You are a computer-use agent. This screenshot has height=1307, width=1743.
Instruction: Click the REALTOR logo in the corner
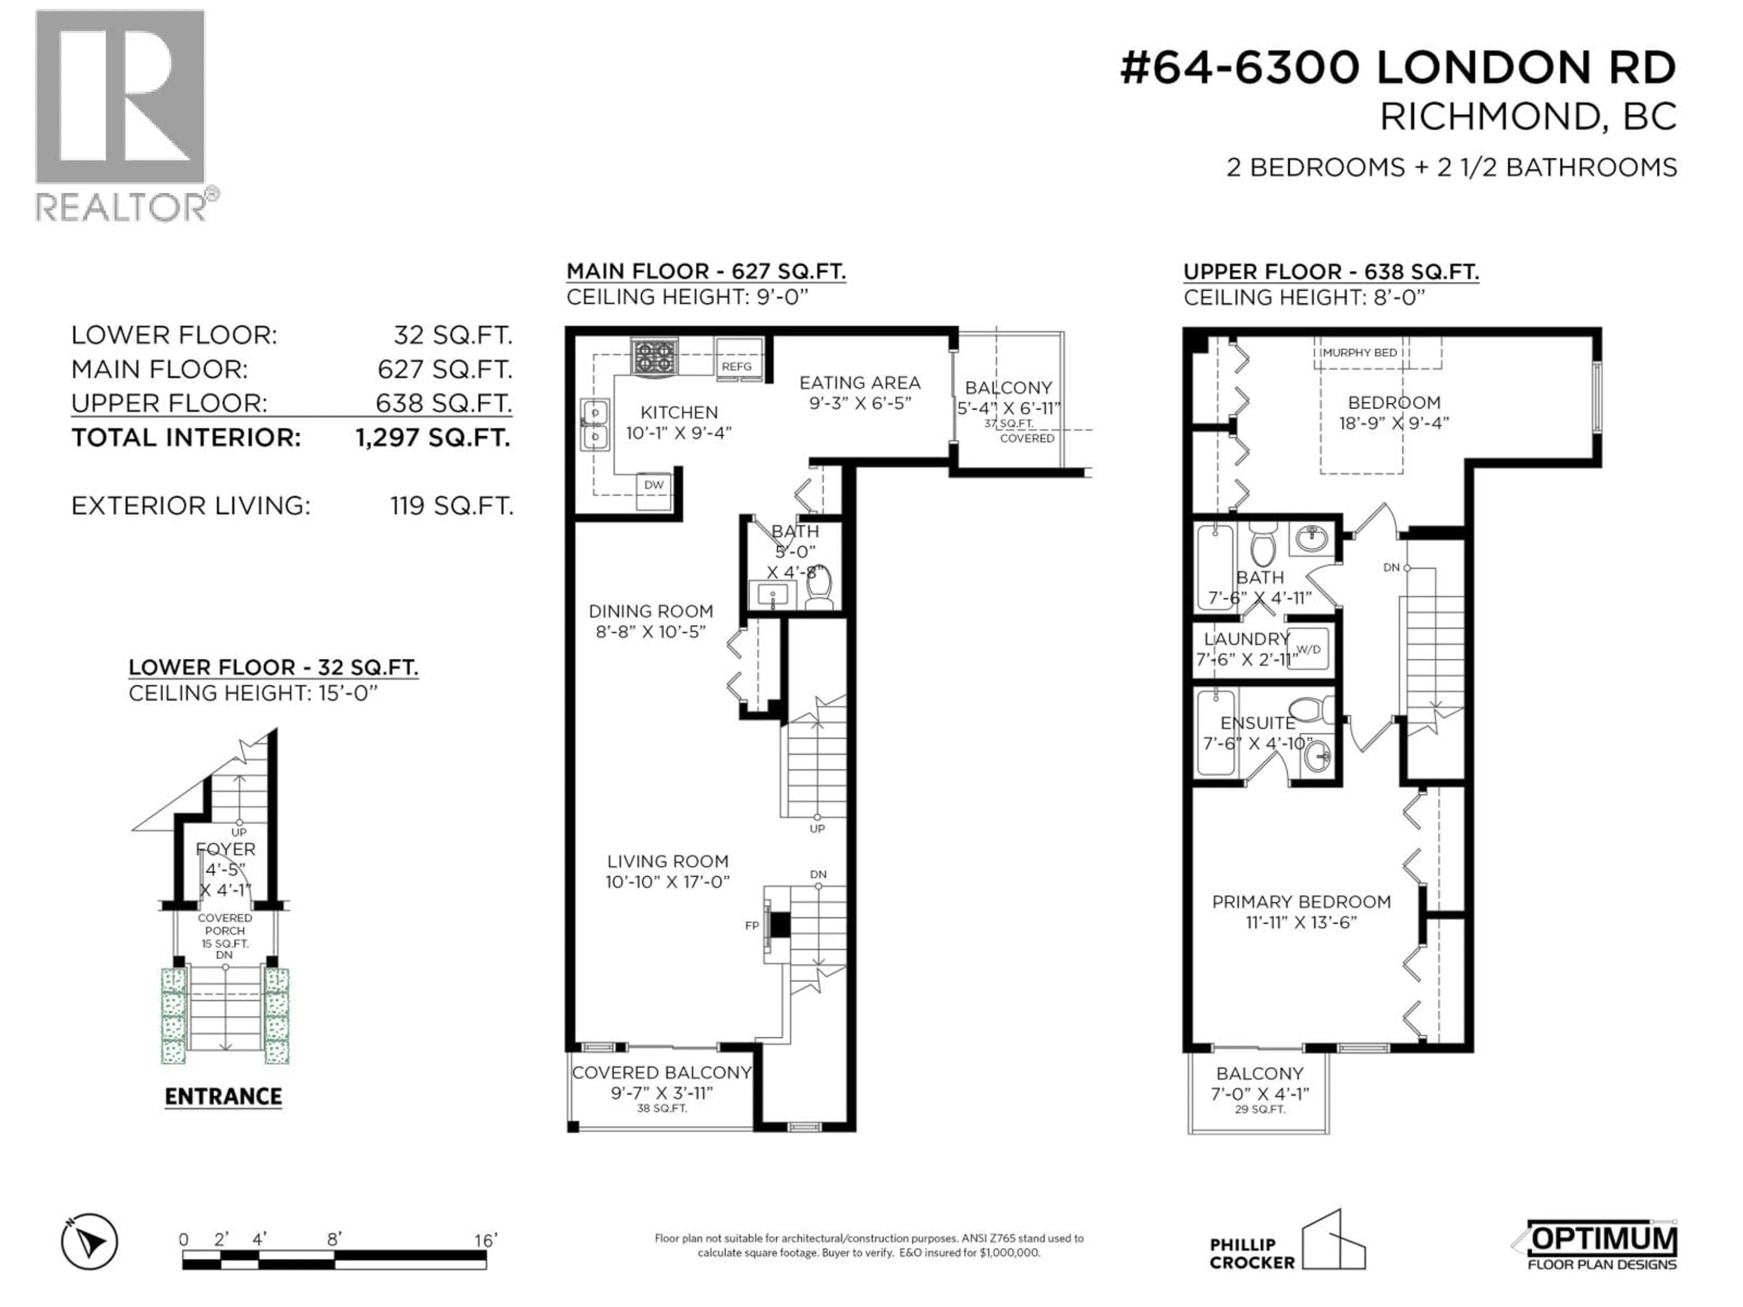tap(122, 114)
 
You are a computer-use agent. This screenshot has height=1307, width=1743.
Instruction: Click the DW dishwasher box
tap(654, 485)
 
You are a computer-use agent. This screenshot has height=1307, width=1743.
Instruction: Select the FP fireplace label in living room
tap(752, 926)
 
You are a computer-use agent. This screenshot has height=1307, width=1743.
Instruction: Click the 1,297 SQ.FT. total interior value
tap(433, 438)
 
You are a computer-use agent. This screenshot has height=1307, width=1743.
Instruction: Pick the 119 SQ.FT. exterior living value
tap(452, 506)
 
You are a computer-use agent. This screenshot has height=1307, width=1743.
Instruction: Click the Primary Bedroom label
tap(1301, 902)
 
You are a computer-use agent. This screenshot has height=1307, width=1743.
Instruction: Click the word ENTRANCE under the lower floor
tap(223, 1096)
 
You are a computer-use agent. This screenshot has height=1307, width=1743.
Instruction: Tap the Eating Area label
tap(860, 383)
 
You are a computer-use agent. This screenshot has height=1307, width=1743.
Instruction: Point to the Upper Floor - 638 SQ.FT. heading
tap(1331, 272)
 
